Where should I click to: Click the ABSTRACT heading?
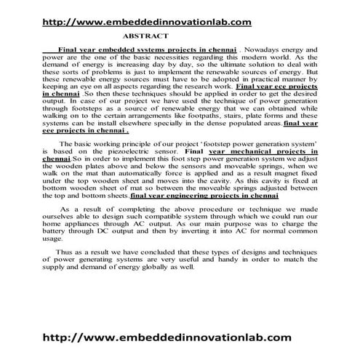149,34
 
